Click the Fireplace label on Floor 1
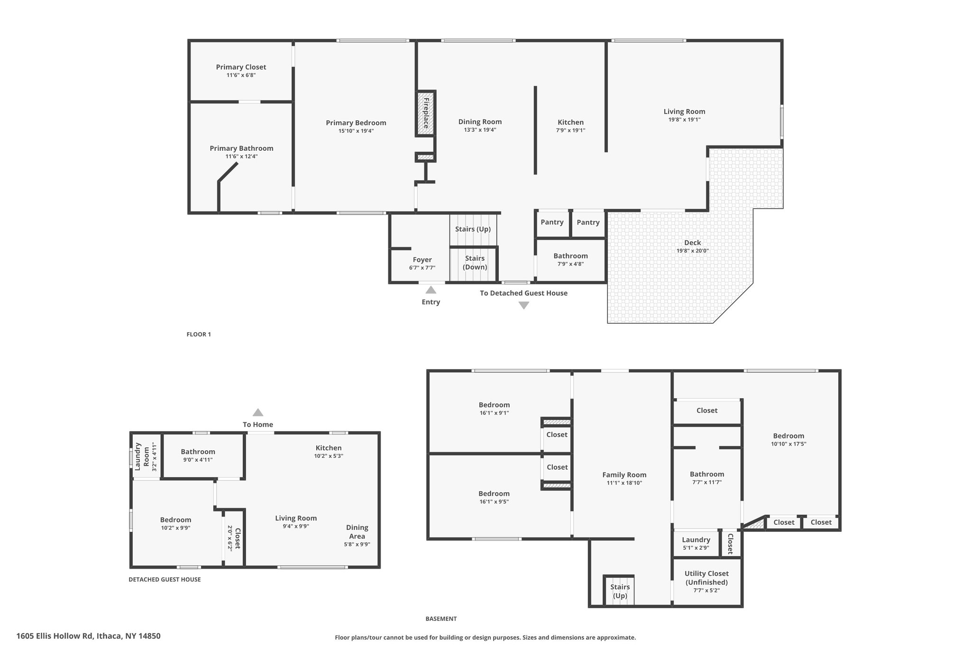coord(426,113)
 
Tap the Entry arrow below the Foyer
coord(431,290)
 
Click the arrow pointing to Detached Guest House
coord(523,306)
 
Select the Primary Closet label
coord(241,67)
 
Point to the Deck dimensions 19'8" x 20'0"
coord(692,251)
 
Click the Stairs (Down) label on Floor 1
coord(475,263)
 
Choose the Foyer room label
coord(422,260)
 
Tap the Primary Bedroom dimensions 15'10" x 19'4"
coord(356,131)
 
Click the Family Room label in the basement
coord(624,475)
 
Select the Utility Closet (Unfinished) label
coord(706,578)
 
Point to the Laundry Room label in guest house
coord(142,456)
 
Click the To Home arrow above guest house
coord(257,412)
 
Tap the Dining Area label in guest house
coord(357,532)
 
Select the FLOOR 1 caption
coord(199,334)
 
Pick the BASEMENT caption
coord(441,619)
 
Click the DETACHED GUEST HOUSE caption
coord(165,579)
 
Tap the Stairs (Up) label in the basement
coord(620,592)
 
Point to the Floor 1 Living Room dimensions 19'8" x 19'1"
coord(684,120)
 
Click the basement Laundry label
coord(696,540)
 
